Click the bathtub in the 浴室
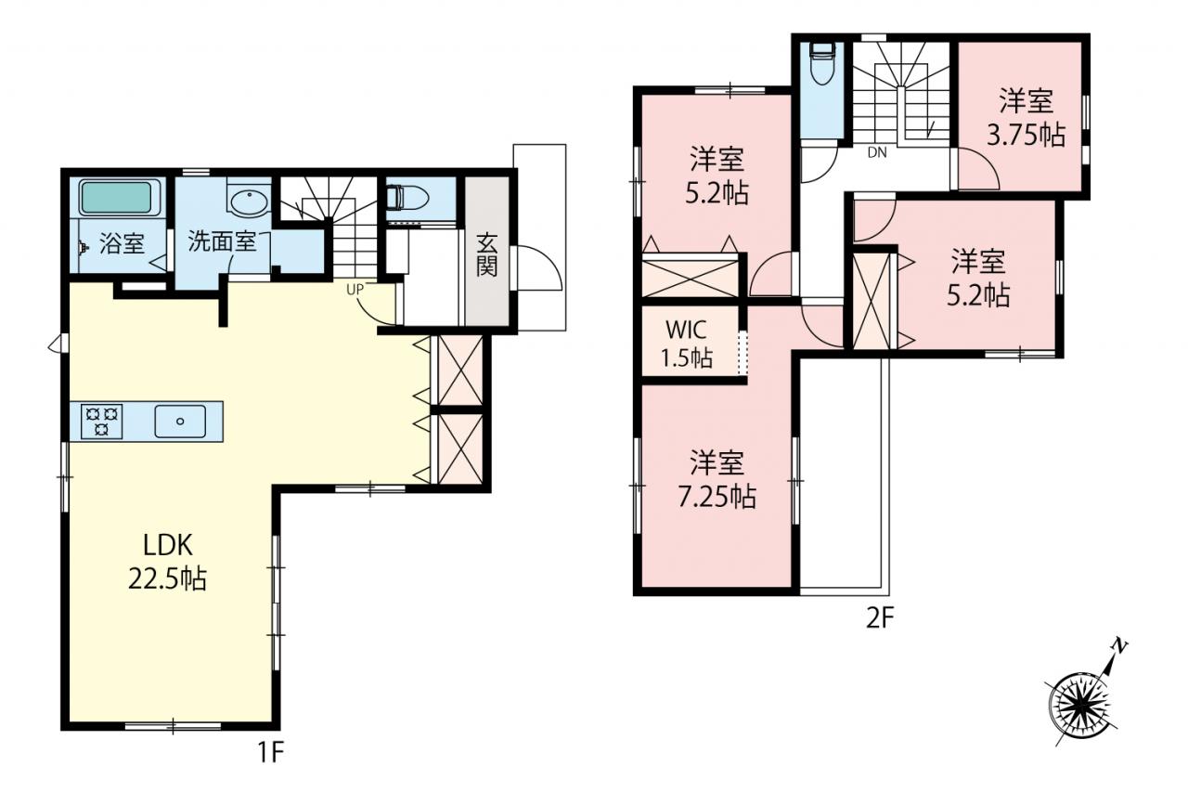click(x=117, y=198)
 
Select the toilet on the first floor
click(x=407, y=198)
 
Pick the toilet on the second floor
click(x=822, y=64)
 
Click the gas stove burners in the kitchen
click(x=102, y=422)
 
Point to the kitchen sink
click(x=180, y=422)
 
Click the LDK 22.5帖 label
click(x=168, y=562)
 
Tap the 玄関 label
click(x=486, y=254)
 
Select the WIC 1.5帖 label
click(x=687, y=344)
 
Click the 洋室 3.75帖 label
click(x=1026, y=117)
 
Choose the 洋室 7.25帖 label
click(x=717, y=479)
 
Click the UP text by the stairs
click(x=355, y=290)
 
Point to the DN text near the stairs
click(x=877, y=153)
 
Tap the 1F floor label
click(x=271, y=752)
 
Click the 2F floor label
click(x=880, y=618)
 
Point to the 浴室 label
click(x=122, y=243)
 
